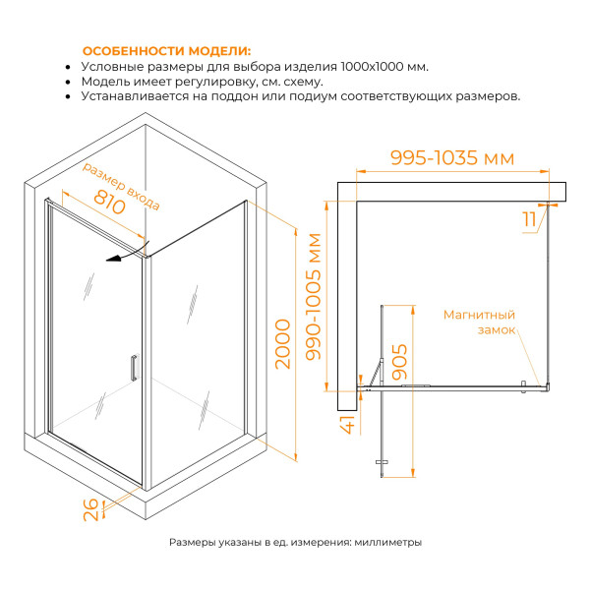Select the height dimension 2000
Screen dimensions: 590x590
283,343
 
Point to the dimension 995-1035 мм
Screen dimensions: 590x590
452,157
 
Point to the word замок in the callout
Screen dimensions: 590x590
497,330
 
